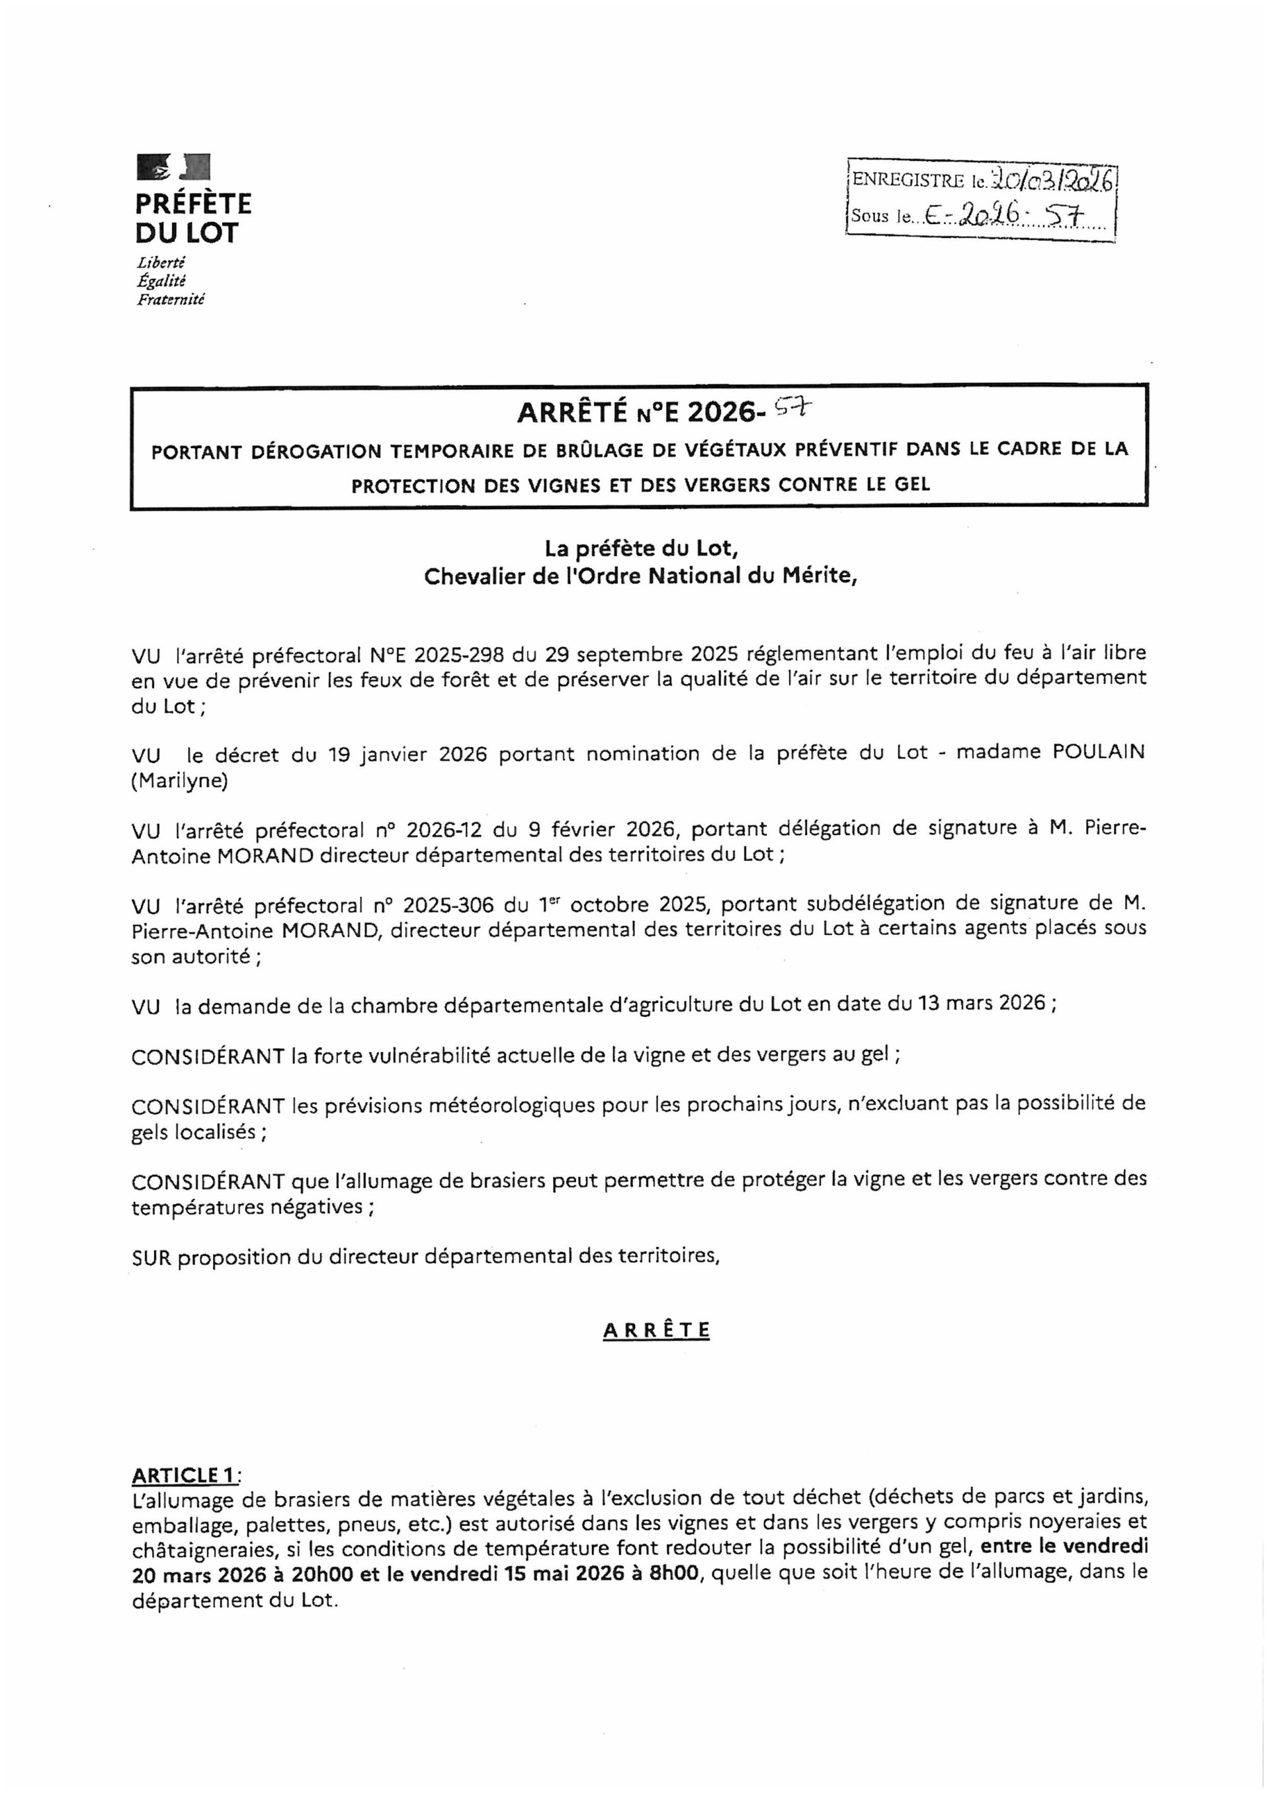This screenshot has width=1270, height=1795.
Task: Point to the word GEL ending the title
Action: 913,484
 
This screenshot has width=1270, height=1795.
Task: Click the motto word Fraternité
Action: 171,300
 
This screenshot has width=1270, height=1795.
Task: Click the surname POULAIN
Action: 1098,752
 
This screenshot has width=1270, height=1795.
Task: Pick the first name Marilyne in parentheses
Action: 179,781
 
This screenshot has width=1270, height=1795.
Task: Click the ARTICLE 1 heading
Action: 183,1475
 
